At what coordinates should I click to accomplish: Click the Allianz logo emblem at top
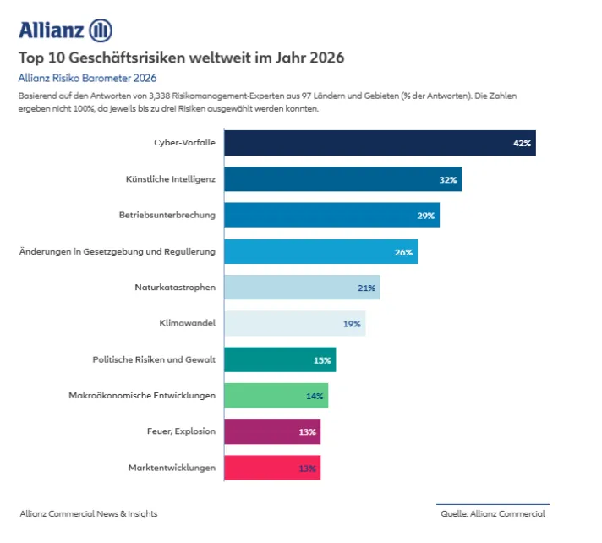pyautogui.click(x=100, y=30)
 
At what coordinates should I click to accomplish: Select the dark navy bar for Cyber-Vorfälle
pyautogui.click(x=380, y=143)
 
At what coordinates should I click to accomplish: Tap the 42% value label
pyautogui.click(x=522, y=143)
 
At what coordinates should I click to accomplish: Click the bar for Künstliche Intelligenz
pyautogui.click(x=342, y=179)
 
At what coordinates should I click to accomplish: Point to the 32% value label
pyautogui.click(x=448, y=179)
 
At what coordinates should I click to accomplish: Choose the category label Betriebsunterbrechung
pyautogui.click(x=167, y=215)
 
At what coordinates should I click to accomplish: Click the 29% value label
pyautogui.click(x=425, y=216)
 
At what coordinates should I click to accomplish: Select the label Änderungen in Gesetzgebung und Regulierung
pyautogui.click(x=117, y=251)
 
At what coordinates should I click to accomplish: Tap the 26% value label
pyautogui.click(x=403, y=252)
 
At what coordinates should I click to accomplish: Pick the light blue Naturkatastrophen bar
pyautogui.click(x=302, y=288)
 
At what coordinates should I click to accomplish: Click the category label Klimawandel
pyautogui.click(x=187, y=323)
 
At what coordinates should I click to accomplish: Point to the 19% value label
pyautogui.click(x=352, y=324)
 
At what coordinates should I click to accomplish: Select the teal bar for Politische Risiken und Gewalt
pyautogui.click(x=280, y=359)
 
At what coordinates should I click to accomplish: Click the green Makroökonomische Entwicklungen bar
pyautogui.click(x=276, y=395)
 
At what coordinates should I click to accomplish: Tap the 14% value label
pyautogui.click(x=315, y=396)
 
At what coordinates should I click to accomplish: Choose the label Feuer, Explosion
pyautogui.click(x=181, y=431)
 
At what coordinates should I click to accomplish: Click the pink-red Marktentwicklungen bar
pyautogui.click(x=272, y=468)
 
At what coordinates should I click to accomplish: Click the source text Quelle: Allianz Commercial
pyautogui.click(x=492, y=513)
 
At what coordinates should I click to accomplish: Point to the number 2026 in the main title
pyautogui.click(x=326, y=58)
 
